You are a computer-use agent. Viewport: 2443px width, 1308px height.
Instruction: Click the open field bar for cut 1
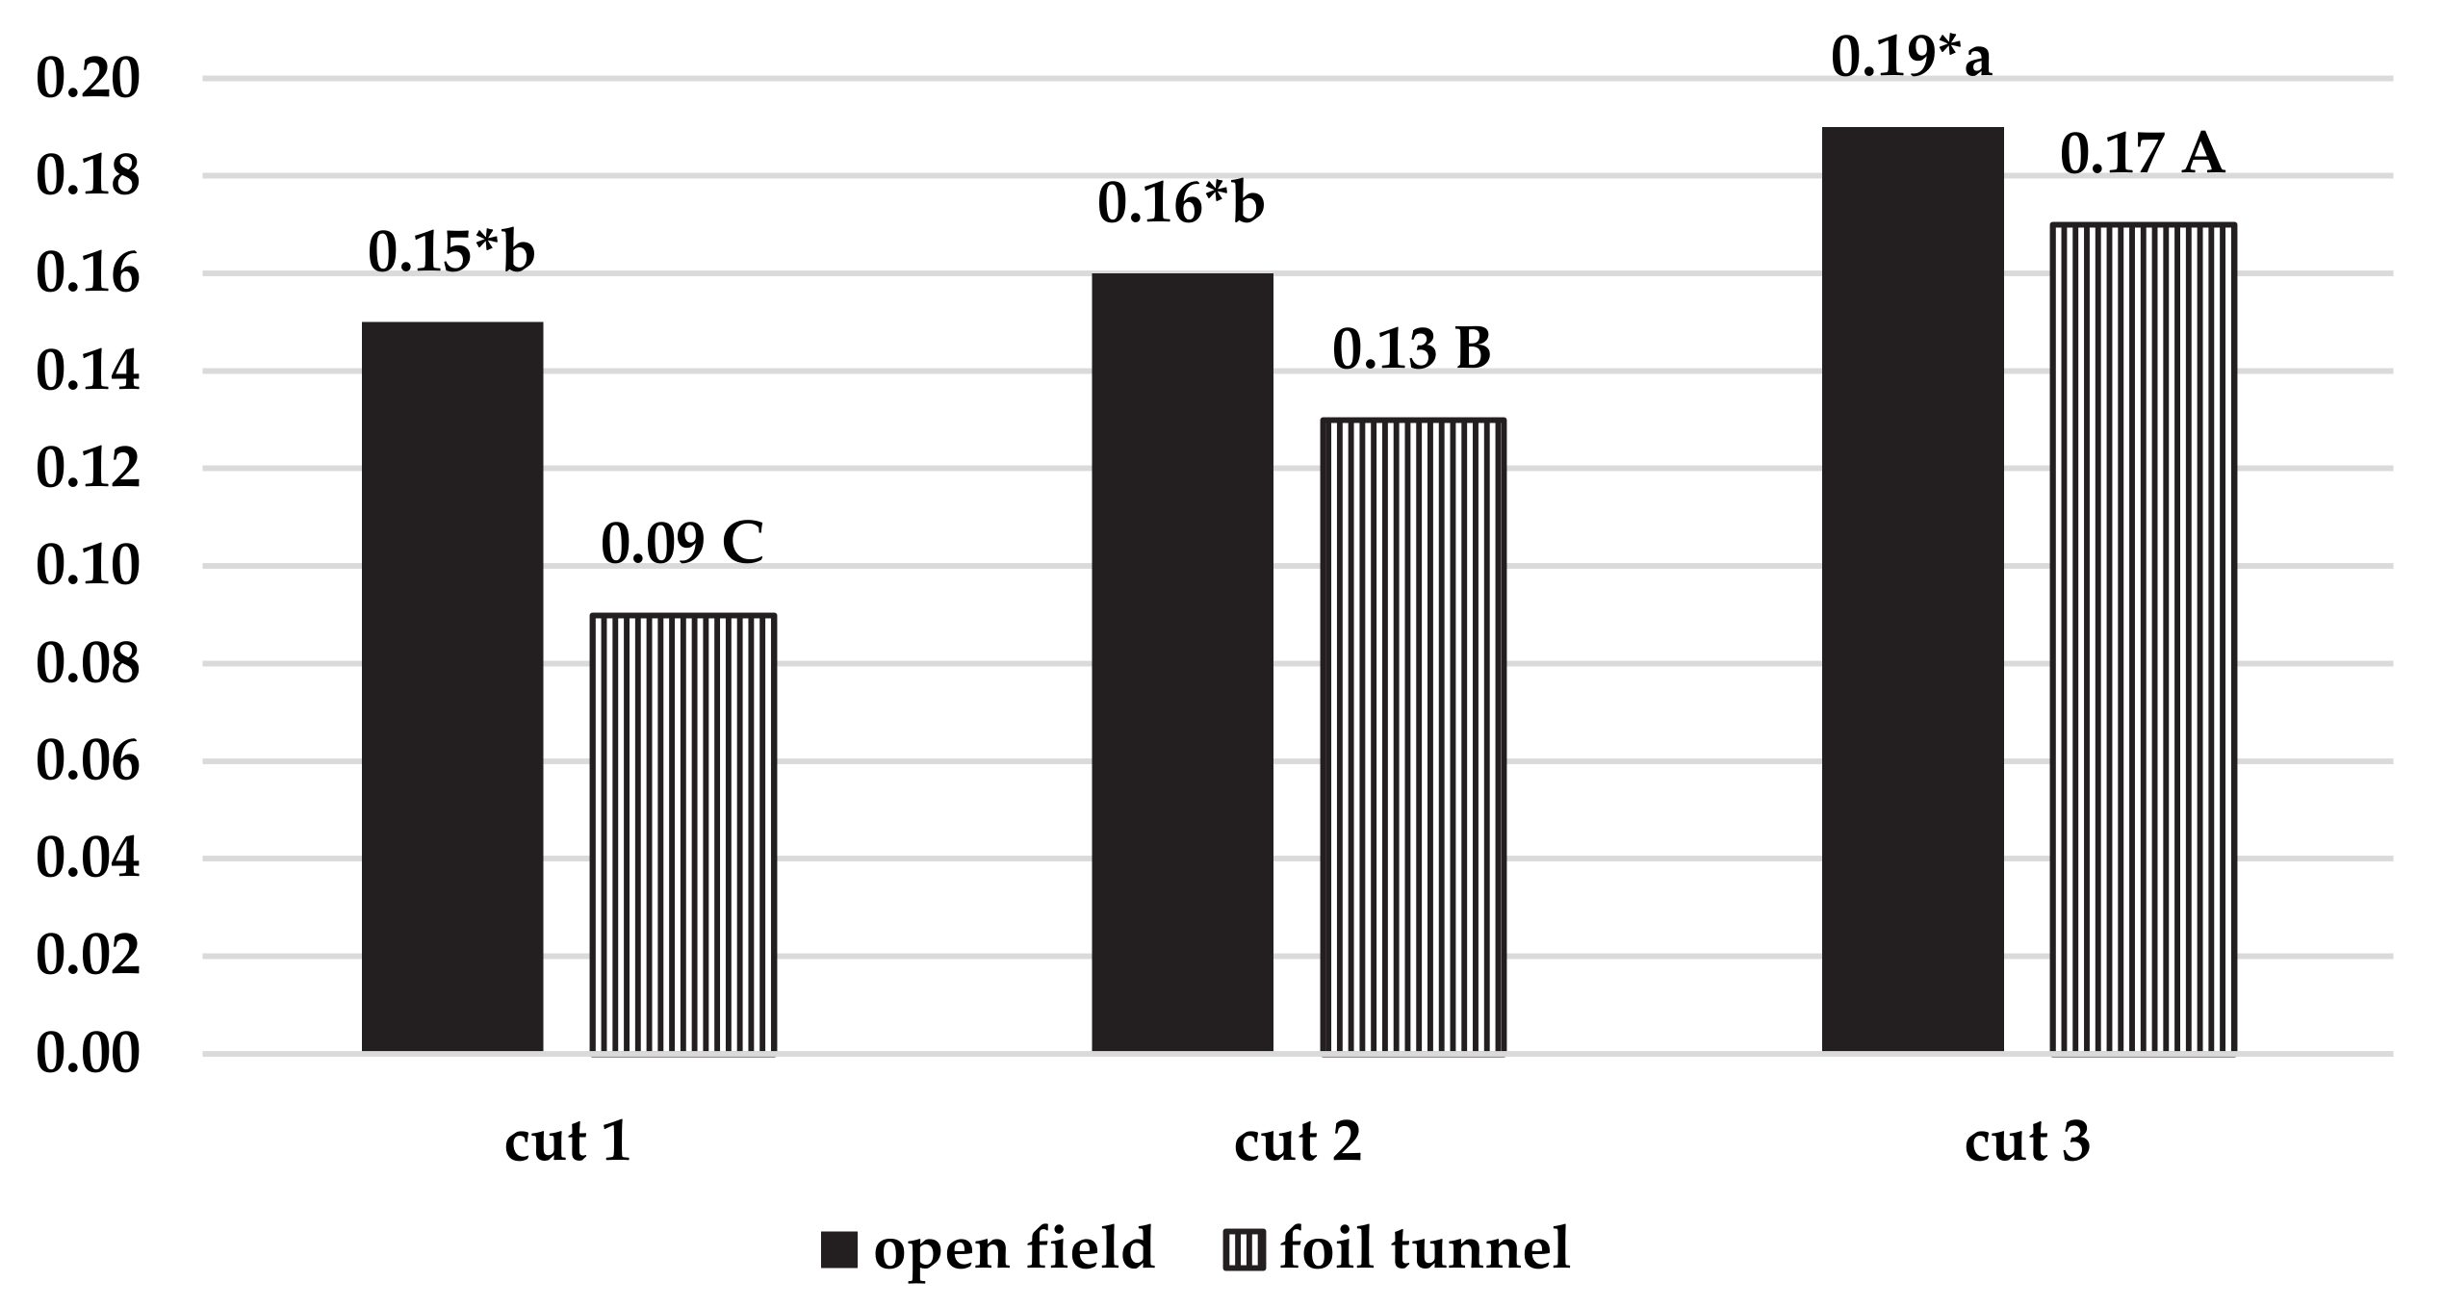click(451, 686)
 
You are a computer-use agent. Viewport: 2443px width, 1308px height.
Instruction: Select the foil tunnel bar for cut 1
click(682, 834)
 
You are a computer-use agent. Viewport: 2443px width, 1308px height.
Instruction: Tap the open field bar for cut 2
click(1182, 662)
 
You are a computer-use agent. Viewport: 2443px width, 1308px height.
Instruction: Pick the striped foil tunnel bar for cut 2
click(1412, 735)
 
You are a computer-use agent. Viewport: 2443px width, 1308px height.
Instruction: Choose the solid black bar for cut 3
click(1913, 589)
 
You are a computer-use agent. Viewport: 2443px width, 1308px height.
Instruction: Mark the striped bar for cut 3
click(2143, 638)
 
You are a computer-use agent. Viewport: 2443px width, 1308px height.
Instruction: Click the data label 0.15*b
click(451, 252)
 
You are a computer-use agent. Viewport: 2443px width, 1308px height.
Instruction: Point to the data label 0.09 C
click(682, 544)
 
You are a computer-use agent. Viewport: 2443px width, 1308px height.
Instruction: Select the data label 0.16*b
click(1181, 203)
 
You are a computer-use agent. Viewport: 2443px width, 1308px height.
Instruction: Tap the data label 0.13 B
click(1411, 349)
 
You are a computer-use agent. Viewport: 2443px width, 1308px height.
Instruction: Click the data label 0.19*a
click(1911, 57)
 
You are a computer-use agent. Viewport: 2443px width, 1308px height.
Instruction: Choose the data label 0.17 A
click(2142, 154)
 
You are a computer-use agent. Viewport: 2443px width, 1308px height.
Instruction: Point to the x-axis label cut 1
click(568, 1142)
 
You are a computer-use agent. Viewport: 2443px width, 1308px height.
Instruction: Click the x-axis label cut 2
click(1298, 1142)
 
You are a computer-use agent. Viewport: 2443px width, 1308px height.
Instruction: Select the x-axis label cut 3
click(2027, 1142)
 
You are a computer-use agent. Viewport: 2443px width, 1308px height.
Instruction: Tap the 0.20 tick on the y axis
click(89, 79)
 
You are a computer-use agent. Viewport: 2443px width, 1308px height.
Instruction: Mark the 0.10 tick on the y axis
click(89, 566)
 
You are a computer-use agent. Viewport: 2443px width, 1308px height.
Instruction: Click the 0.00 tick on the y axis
click(89, 1054)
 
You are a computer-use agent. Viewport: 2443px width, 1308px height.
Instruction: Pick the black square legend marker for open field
click(838, 1250)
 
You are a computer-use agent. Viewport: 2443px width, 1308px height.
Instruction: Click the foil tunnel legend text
click(1425, 1249)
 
